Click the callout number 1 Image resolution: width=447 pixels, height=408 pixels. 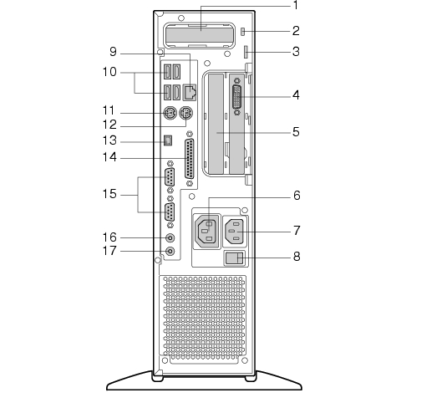tap(296, 5)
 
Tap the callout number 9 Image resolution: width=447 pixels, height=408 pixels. tap(113, 52)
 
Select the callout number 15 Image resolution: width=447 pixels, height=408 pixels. tap(109, 194)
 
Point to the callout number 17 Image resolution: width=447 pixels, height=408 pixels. tap(109, 251)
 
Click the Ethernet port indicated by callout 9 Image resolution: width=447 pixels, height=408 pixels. tap(190, 92)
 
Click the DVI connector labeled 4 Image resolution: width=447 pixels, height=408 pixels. tap(237, 97)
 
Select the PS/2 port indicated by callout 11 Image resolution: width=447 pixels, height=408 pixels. tap(170, 113)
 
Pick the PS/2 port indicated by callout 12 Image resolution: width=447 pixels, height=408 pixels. tap(185, 113)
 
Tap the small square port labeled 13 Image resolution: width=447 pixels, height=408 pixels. tap(168, 140)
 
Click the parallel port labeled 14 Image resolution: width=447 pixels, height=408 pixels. tap(190, 159)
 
